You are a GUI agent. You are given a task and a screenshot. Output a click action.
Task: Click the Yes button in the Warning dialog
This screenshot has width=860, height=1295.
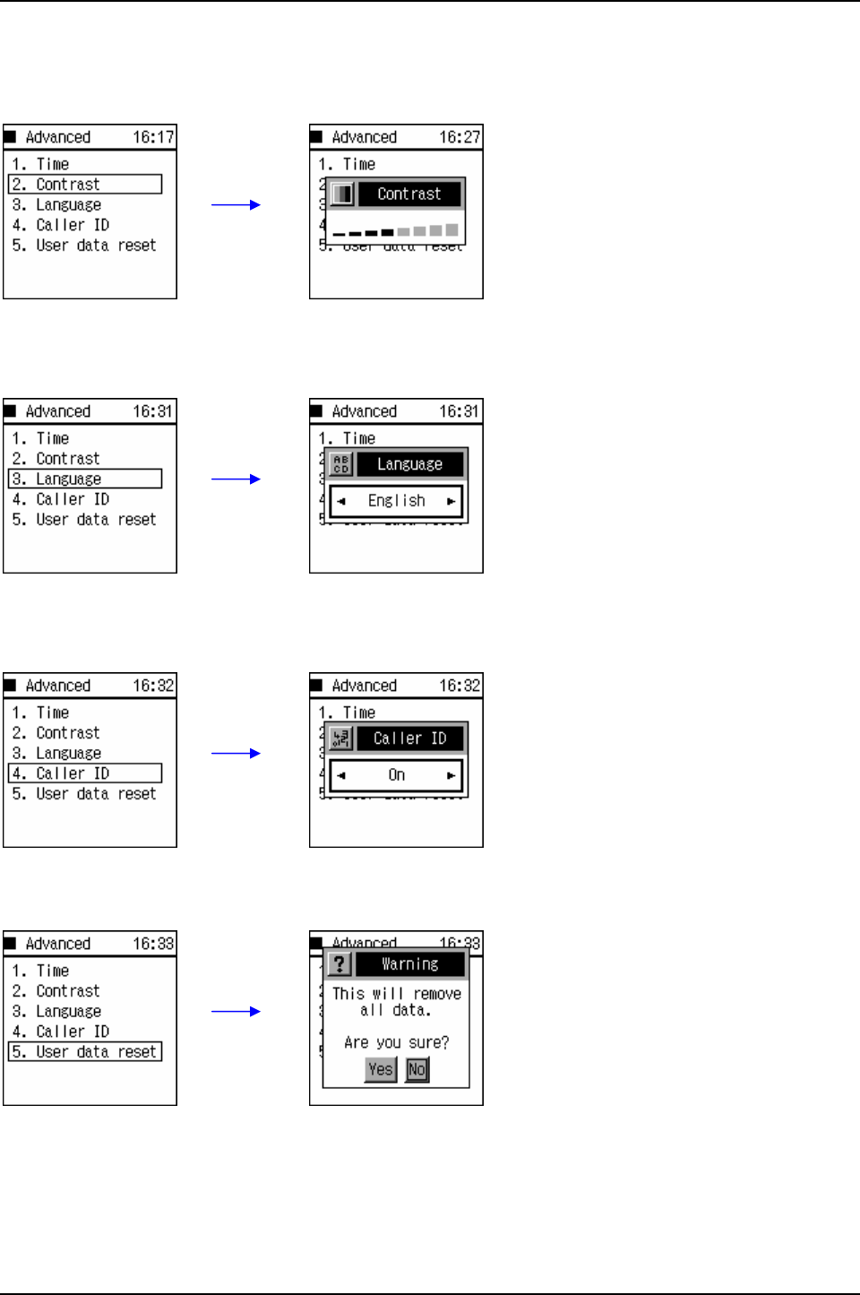point(381,1069)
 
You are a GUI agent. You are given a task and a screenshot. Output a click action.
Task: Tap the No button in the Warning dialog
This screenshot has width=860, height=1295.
point(417,1069)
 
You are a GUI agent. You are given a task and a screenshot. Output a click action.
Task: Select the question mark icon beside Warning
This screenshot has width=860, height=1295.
point(340,964)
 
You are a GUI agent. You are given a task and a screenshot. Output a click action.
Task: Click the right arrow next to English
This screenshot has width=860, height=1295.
point(451,502)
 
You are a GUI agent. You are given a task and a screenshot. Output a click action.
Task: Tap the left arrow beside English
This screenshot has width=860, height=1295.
point(341,502)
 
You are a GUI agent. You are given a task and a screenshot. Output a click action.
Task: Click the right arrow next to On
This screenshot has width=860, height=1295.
point(451,776)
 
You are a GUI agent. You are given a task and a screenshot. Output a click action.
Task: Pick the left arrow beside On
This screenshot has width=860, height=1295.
point(341,776)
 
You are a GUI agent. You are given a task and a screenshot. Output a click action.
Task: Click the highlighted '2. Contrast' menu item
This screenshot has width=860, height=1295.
point(85,185)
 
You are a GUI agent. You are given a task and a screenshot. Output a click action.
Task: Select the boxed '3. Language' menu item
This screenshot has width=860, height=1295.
point(85,479)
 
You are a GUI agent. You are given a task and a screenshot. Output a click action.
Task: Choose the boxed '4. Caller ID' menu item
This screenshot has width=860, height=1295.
point(85,773)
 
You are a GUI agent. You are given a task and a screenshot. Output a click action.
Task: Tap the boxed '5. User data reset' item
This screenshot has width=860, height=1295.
point(85,1052)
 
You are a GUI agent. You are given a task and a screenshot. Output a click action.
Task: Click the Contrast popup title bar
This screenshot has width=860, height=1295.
point(409,194)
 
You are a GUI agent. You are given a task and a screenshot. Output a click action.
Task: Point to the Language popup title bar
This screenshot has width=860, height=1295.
point(409,464)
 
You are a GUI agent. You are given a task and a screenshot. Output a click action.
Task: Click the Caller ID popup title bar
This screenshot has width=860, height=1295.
point(409,738)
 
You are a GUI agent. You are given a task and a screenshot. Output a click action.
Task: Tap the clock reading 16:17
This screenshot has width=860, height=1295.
point(153,137)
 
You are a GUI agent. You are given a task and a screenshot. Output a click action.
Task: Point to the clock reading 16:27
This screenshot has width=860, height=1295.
point(460,137)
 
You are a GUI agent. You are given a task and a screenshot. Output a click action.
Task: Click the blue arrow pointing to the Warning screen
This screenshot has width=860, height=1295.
point(236,1012)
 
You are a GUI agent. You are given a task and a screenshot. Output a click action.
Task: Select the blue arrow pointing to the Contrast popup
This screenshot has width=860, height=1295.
point(236,205)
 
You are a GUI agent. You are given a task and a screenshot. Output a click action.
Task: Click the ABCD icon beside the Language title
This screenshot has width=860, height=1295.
point(340,464)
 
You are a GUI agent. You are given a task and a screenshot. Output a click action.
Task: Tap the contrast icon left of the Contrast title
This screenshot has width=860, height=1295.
point(341,194)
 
